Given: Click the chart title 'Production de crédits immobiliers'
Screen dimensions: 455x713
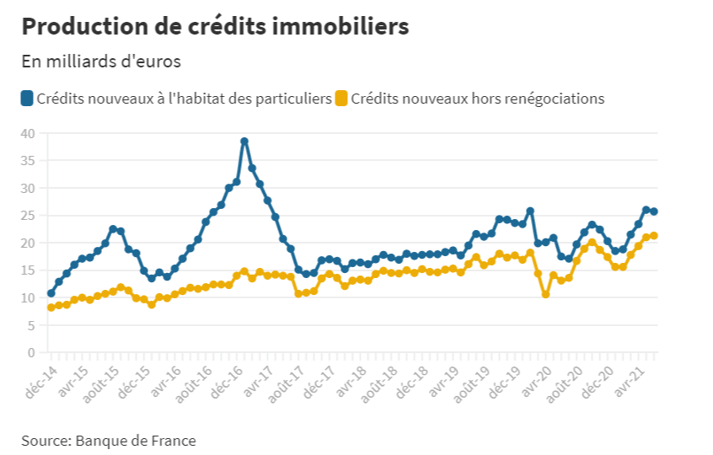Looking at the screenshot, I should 215,26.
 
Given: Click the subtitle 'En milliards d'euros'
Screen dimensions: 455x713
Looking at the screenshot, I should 100,62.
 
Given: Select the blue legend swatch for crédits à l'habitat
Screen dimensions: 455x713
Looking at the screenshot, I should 27,99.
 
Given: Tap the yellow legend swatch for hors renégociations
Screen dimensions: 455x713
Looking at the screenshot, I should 341,99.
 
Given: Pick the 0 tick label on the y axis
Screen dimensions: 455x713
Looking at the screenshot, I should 31,352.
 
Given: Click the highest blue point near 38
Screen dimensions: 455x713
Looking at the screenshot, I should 244,142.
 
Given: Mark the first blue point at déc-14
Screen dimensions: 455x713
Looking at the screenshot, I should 51,293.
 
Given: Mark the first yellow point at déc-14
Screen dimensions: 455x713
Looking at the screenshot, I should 51,308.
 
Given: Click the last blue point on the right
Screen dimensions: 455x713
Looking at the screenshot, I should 654,211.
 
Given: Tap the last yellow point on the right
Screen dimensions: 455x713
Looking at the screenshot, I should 654,236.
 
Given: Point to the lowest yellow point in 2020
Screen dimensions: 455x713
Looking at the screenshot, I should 545,294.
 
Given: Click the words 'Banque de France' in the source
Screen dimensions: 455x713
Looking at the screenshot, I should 136,440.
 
